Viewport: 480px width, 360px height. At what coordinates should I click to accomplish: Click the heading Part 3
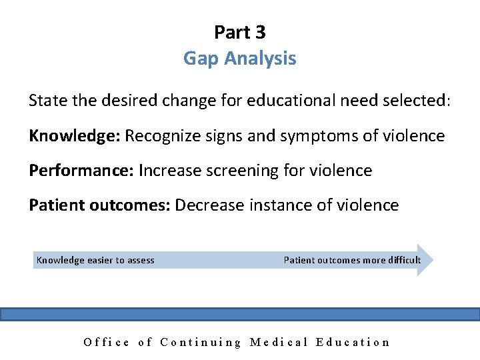239,32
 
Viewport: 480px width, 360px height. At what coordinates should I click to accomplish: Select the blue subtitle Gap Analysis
239,59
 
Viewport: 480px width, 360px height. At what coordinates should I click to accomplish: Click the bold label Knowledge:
74,136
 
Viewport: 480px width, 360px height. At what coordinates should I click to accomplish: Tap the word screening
239,171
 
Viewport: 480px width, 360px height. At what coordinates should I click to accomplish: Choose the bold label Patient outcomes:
99,205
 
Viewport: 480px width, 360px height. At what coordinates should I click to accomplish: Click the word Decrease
209,205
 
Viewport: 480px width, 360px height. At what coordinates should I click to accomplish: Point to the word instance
281,205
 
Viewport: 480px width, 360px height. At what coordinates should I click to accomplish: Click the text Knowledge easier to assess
95,260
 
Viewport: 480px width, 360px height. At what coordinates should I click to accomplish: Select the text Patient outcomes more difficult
352,260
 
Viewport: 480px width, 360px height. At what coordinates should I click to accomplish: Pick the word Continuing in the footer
201,342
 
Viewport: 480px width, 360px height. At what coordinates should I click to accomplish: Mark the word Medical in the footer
279,342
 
